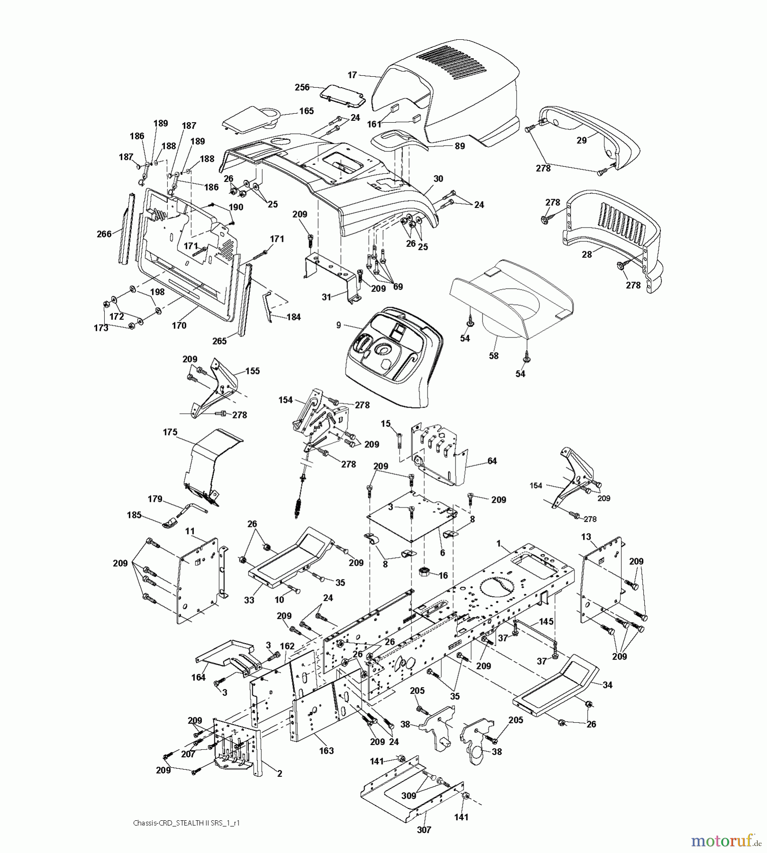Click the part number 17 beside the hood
pyautogui.click(x=352, y=75)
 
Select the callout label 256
pyautogui.click(x=302, y=87)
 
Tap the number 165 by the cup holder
pyautogui.click(x=306, y=111)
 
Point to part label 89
pyautogui.click(x=459, y=146)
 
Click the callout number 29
pyautogui.click(x=581, y=140)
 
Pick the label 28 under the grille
pyautogui.click(x=587, y=254)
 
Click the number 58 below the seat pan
pyautogui.click(x=493, y=355)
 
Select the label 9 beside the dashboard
pyautogui.click(x=338, y=325)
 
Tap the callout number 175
pyautogui.click(x=170, y=432)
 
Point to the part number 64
pyautogui.click(x=492, y=461)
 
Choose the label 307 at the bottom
pyautogui.click(x=425, y=829)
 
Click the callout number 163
pyautogui.click(x=326, y=751)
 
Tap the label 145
pyautogui.click(x=546, y=621)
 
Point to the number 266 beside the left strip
pyautogui.click(x=104, y=234)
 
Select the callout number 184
pyautogui.click(x=294, y=317)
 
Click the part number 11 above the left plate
pyautogui.click(x=190, y=531)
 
